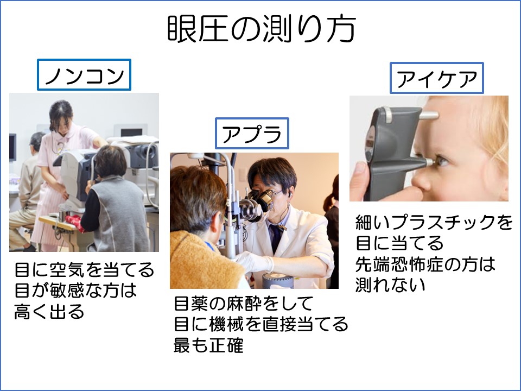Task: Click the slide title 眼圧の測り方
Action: pyautogui.click(x=262, y=29)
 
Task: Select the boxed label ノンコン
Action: pyautogui.click(x=84, y=74)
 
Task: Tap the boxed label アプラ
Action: pyautogui.click(x=252, y=133)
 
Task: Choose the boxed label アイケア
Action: pyautogui.click(x=436, y=78)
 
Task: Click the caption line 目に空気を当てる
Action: pyautogui.click(x=85, y=269)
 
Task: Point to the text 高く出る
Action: pyautogui.click(x=49, y=312)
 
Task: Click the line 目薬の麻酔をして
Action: pyautogui.click(x=244, y=303)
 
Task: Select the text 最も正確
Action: pyautogui.click(x=208, y=345)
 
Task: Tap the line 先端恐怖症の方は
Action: pyautogui.click(x=425, y=264)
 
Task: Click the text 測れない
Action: pyautogui.click(x=390, y=285)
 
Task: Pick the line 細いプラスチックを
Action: pyautogui.click(x=434, y=222)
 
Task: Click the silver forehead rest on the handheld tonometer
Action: pyautogui.click(x=428, y=115)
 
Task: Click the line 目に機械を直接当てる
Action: pyautogui.click(x=261, y=324)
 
